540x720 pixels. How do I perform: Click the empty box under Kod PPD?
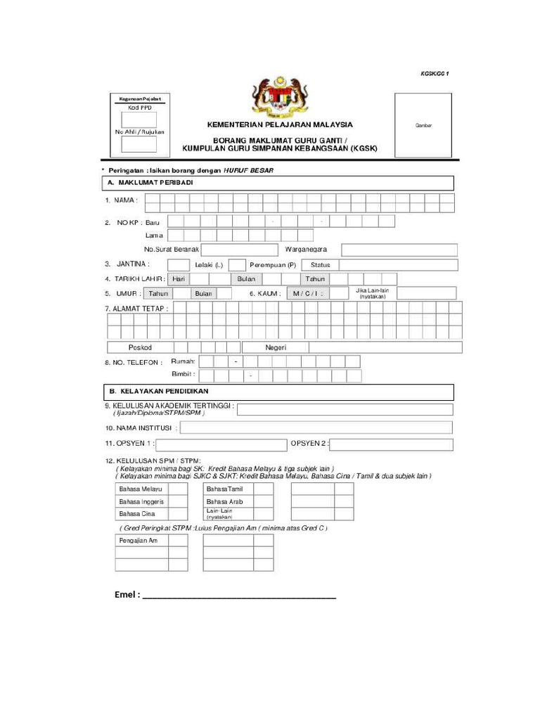(139, 120)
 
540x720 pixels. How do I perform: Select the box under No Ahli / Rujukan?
(139, 144)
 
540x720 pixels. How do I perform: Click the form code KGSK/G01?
(435, 73)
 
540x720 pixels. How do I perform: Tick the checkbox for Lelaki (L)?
(179, 264)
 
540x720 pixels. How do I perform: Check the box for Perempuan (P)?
(238, 264)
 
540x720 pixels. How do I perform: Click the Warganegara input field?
(399, 250)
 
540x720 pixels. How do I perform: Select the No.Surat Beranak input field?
(240, 250)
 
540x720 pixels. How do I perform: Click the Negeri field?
(352, 347)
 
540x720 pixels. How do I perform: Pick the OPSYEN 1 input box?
(221, 444)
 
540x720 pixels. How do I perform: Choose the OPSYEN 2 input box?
(391, 444)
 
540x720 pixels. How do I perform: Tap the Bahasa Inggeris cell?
(142, 501)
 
